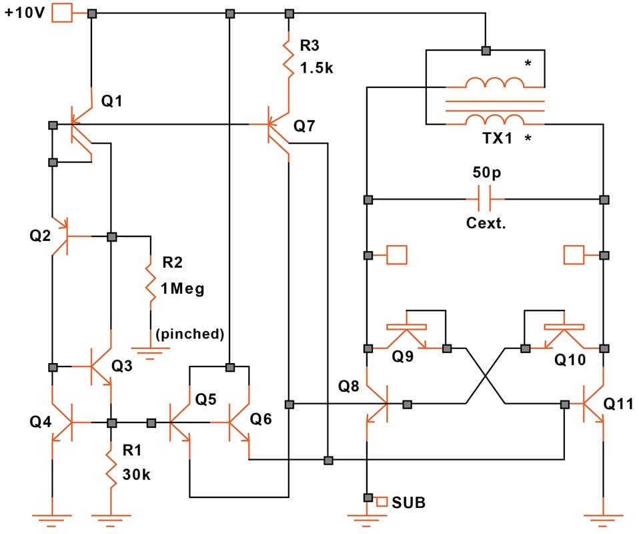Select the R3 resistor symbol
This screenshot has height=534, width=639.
[x=289, y=58]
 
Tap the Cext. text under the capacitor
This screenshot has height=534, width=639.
[x=486, y=224]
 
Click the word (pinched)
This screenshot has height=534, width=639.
[x=189, y=334]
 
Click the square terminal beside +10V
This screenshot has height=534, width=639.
[x=61, y=13]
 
